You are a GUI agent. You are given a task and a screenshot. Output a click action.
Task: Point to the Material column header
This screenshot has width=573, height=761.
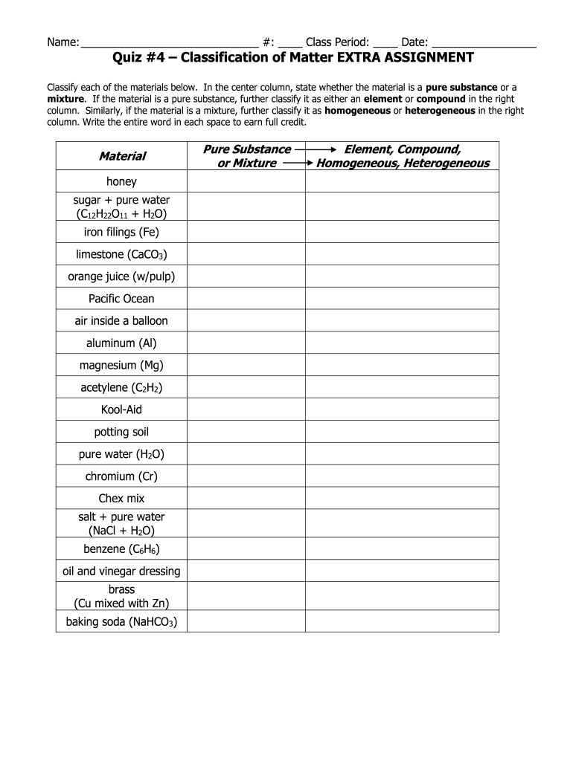[122, 156]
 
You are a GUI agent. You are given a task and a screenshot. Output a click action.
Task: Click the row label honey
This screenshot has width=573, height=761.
[121, 181]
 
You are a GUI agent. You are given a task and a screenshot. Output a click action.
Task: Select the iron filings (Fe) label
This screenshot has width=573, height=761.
[121, 232]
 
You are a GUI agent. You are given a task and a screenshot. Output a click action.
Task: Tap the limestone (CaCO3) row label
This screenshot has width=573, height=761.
[121, 254]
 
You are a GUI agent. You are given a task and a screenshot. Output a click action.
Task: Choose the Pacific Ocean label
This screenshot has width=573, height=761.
[121, 299]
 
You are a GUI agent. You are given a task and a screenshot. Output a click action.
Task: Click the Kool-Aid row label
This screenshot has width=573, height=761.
[121, 409]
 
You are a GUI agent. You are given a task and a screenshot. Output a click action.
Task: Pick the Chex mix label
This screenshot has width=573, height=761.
[121, 498]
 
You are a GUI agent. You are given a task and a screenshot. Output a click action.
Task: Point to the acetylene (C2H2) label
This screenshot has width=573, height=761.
[121, 388]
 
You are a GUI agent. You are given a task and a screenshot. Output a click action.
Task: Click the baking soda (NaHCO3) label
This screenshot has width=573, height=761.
[121, 621]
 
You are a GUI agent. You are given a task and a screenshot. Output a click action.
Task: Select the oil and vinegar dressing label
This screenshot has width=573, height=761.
[121, 571]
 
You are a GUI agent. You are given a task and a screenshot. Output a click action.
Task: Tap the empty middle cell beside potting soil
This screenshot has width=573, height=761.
[246, 432]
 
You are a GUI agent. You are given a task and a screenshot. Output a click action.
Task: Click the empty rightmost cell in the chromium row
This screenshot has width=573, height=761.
[402, 476]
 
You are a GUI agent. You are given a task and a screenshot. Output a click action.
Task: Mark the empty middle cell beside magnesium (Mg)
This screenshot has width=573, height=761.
[246, 366]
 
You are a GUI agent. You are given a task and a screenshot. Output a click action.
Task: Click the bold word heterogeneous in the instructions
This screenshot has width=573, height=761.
[438, 110]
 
